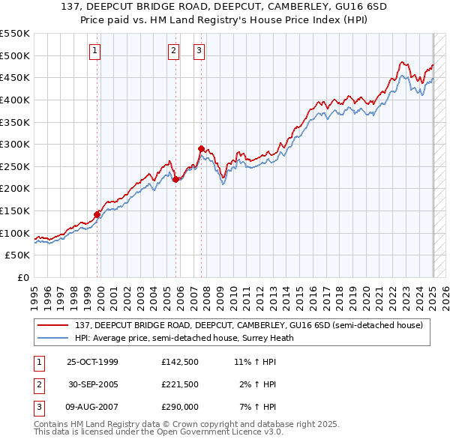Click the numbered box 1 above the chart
pyautogui.click(x=95, y=51)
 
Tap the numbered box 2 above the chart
pyautogui.click(x=173, y=51)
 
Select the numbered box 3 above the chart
pyautogui.click(x=199, y=51)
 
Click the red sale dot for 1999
pyautogui.click(x=97, y=214)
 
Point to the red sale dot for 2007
pyautogui.click(x=201, y=148)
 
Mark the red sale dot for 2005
pyautogui.click(x=175, y=179)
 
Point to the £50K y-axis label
pyautogui.click(x=18, y=255)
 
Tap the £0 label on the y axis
pyautogui.click(x=22, y=278)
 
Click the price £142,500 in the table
pyautogui.click(x=179, y=362)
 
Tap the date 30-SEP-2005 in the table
pyautogui.click(x=94, y=384)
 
